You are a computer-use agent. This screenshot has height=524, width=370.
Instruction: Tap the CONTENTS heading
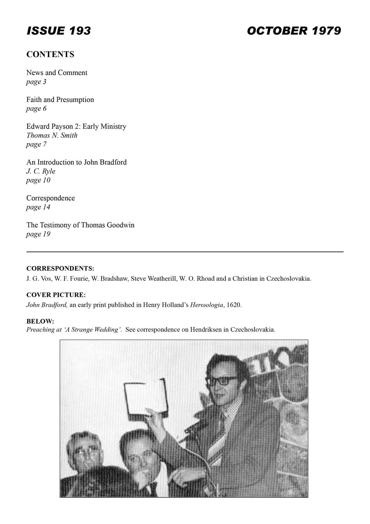point(50,54)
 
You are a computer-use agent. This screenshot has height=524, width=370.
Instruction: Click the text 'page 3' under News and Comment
point(36,82)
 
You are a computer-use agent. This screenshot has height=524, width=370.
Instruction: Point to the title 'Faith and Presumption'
point(60,100)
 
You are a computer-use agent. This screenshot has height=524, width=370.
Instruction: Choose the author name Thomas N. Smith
point(52,135)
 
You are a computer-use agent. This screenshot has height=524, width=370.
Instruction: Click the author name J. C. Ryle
point(41,171)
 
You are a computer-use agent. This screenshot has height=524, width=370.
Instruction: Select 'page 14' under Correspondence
point(38,207)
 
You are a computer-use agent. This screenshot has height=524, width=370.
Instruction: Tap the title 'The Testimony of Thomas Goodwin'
point(80,225)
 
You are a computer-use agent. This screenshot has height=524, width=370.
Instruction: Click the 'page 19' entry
point(38,234)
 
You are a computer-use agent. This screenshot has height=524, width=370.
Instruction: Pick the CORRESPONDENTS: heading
point(60,269)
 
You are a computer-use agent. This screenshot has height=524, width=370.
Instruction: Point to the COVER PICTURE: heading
point(56,295)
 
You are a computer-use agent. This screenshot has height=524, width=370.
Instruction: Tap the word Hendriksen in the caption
point(206,330)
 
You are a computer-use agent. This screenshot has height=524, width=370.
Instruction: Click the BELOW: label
point(40,321)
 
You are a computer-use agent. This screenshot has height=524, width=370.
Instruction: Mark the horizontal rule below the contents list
point(185,252)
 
